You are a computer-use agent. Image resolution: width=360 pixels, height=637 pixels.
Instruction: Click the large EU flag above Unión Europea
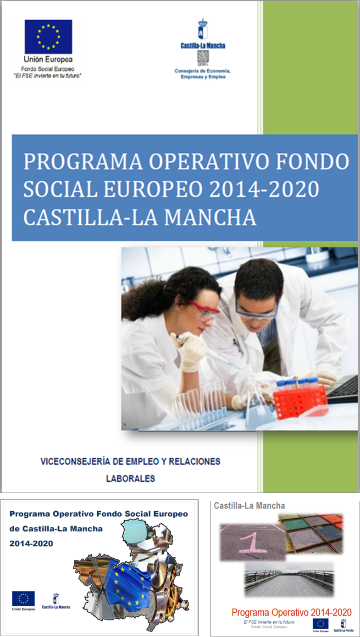[x=48, y=37]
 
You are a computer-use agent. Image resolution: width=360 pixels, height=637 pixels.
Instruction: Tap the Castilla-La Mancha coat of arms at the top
[x=203, y=29]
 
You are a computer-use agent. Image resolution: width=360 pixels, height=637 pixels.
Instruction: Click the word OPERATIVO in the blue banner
[x=209, y=161]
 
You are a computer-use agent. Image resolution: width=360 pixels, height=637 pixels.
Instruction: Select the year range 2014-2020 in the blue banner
[x=264, y=189]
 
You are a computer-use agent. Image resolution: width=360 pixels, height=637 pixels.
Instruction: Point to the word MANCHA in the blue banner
[x=210, y=217]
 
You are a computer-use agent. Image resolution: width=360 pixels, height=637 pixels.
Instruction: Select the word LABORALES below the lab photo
[x=131, y=479]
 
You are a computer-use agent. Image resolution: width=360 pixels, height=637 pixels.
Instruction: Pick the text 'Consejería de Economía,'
[x=202, y=71]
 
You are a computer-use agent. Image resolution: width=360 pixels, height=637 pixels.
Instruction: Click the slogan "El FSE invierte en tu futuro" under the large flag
[x=48, y=76]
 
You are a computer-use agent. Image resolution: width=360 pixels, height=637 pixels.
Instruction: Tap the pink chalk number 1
[x=253, y=543]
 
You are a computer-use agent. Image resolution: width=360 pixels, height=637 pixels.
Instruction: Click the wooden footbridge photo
[x=289, y=579]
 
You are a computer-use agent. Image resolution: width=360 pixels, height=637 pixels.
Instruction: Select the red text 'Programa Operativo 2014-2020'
[x=292, y=612]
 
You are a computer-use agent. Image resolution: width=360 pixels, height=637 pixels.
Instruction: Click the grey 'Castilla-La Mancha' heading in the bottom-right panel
[x=249, y=506]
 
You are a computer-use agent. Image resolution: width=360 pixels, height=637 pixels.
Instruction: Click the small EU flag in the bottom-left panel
[x=23, y=598]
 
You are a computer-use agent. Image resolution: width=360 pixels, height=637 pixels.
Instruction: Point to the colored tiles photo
[x=311, y=534]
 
